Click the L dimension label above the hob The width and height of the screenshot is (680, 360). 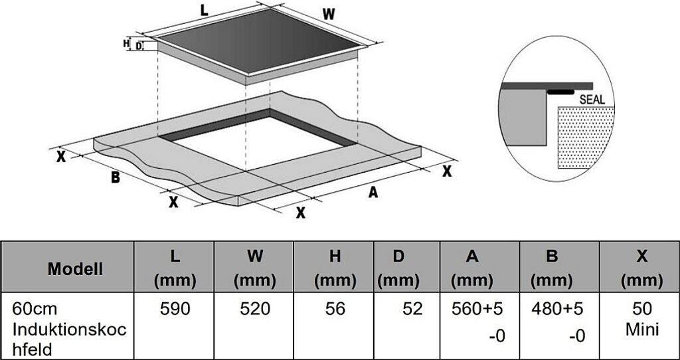point(204,11)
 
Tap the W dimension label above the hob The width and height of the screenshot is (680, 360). point(329,15)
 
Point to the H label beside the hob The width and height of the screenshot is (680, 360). point(126,43)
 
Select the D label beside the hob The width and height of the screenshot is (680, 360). point(139,46)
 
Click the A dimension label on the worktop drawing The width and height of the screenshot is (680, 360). point(373,192)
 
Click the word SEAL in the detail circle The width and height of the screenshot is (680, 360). point(592,100)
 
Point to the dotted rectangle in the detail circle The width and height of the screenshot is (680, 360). point(586,137)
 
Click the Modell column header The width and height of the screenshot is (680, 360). point(75,269)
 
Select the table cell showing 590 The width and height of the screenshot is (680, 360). point(175,309)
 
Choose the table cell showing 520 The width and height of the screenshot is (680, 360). point(255,309)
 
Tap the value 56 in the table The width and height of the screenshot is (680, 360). point(335,309)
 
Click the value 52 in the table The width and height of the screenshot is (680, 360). point(412,309)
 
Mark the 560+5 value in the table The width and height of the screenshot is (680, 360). point(477,309)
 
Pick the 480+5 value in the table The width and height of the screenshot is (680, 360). point(557,309)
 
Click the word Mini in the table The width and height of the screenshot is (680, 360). point(642,329)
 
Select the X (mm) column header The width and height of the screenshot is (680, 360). point(642,269)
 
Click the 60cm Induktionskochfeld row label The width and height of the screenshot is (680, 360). point(69,329)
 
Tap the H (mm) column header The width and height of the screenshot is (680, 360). point(335,269)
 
